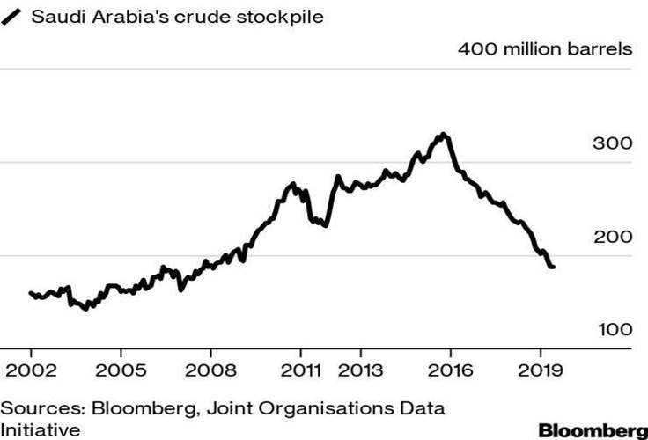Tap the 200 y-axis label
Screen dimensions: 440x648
(x=613, y=237)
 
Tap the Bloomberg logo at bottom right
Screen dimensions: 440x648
(x=593, y=430)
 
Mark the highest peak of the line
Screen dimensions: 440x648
(x=444, y=135)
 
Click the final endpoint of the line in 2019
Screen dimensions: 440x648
(x=553, y=267)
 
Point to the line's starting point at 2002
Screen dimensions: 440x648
(x=30, y=293)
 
